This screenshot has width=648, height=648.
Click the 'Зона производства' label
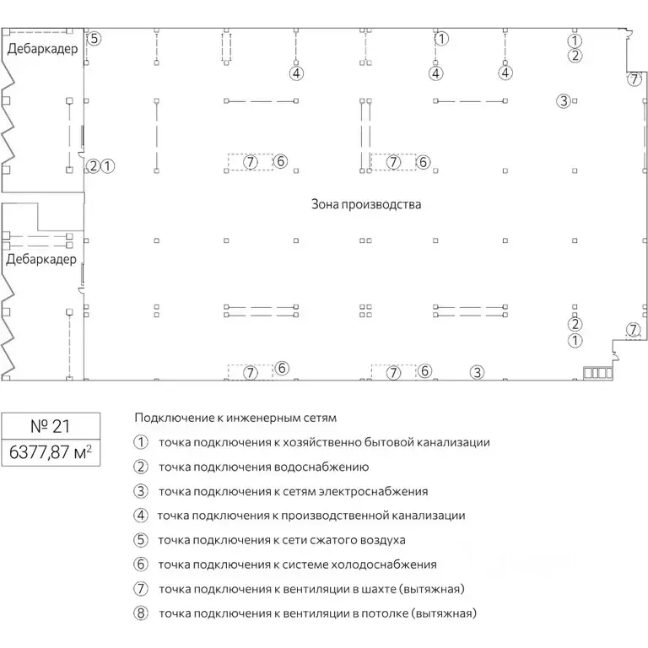pos(365,205)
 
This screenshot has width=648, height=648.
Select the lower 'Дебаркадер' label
pos(41,259)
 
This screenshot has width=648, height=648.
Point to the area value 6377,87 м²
pos(50,452)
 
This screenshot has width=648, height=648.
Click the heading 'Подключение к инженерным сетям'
pos(235,418)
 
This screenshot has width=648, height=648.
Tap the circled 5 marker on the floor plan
pos(94,38)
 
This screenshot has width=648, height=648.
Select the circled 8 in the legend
pos(141,613)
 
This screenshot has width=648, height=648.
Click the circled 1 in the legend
pos(141,442)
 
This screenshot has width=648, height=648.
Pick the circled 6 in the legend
pos(141,564)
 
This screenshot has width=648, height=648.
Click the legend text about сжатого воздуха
pos(282,540)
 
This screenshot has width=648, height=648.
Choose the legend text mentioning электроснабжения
pos(293,491)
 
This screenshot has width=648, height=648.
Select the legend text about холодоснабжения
pos(297,564)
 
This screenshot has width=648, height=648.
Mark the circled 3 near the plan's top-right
pos(564,101)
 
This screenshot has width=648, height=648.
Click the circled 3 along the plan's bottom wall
pos(477,371)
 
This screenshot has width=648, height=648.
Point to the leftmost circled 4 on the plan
pos(295,73)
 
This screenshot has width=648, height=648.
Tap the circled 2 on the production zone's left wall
pos(93,166)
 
